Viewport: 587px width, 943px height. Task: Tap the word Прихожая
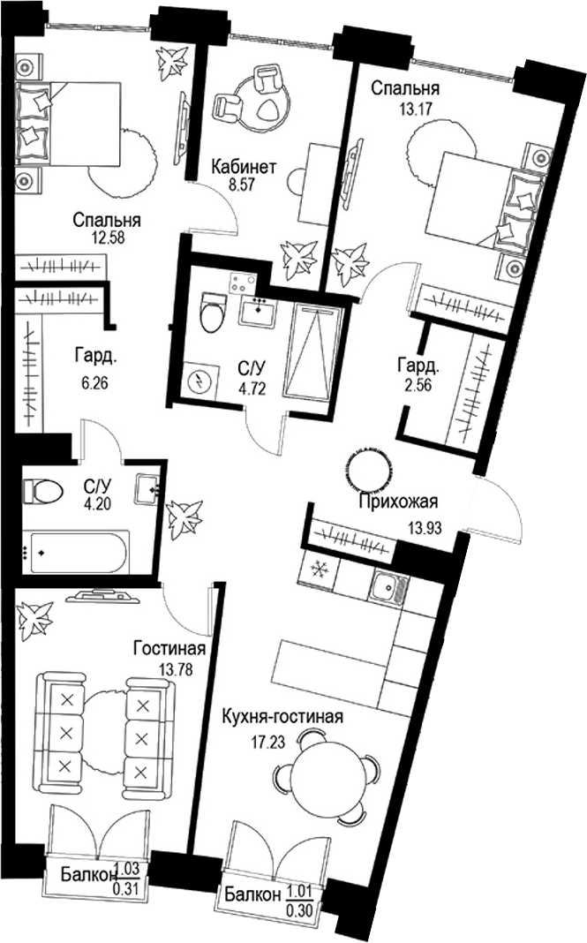pyautogui.click(x=398, y=503)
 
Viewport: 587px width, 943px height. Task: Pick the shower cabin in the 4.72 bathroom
pyautogui.click(x=314, y=354)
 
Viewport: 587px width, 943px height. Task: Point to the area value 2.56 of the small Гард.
pyautogui.click(x=418, y=384)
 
